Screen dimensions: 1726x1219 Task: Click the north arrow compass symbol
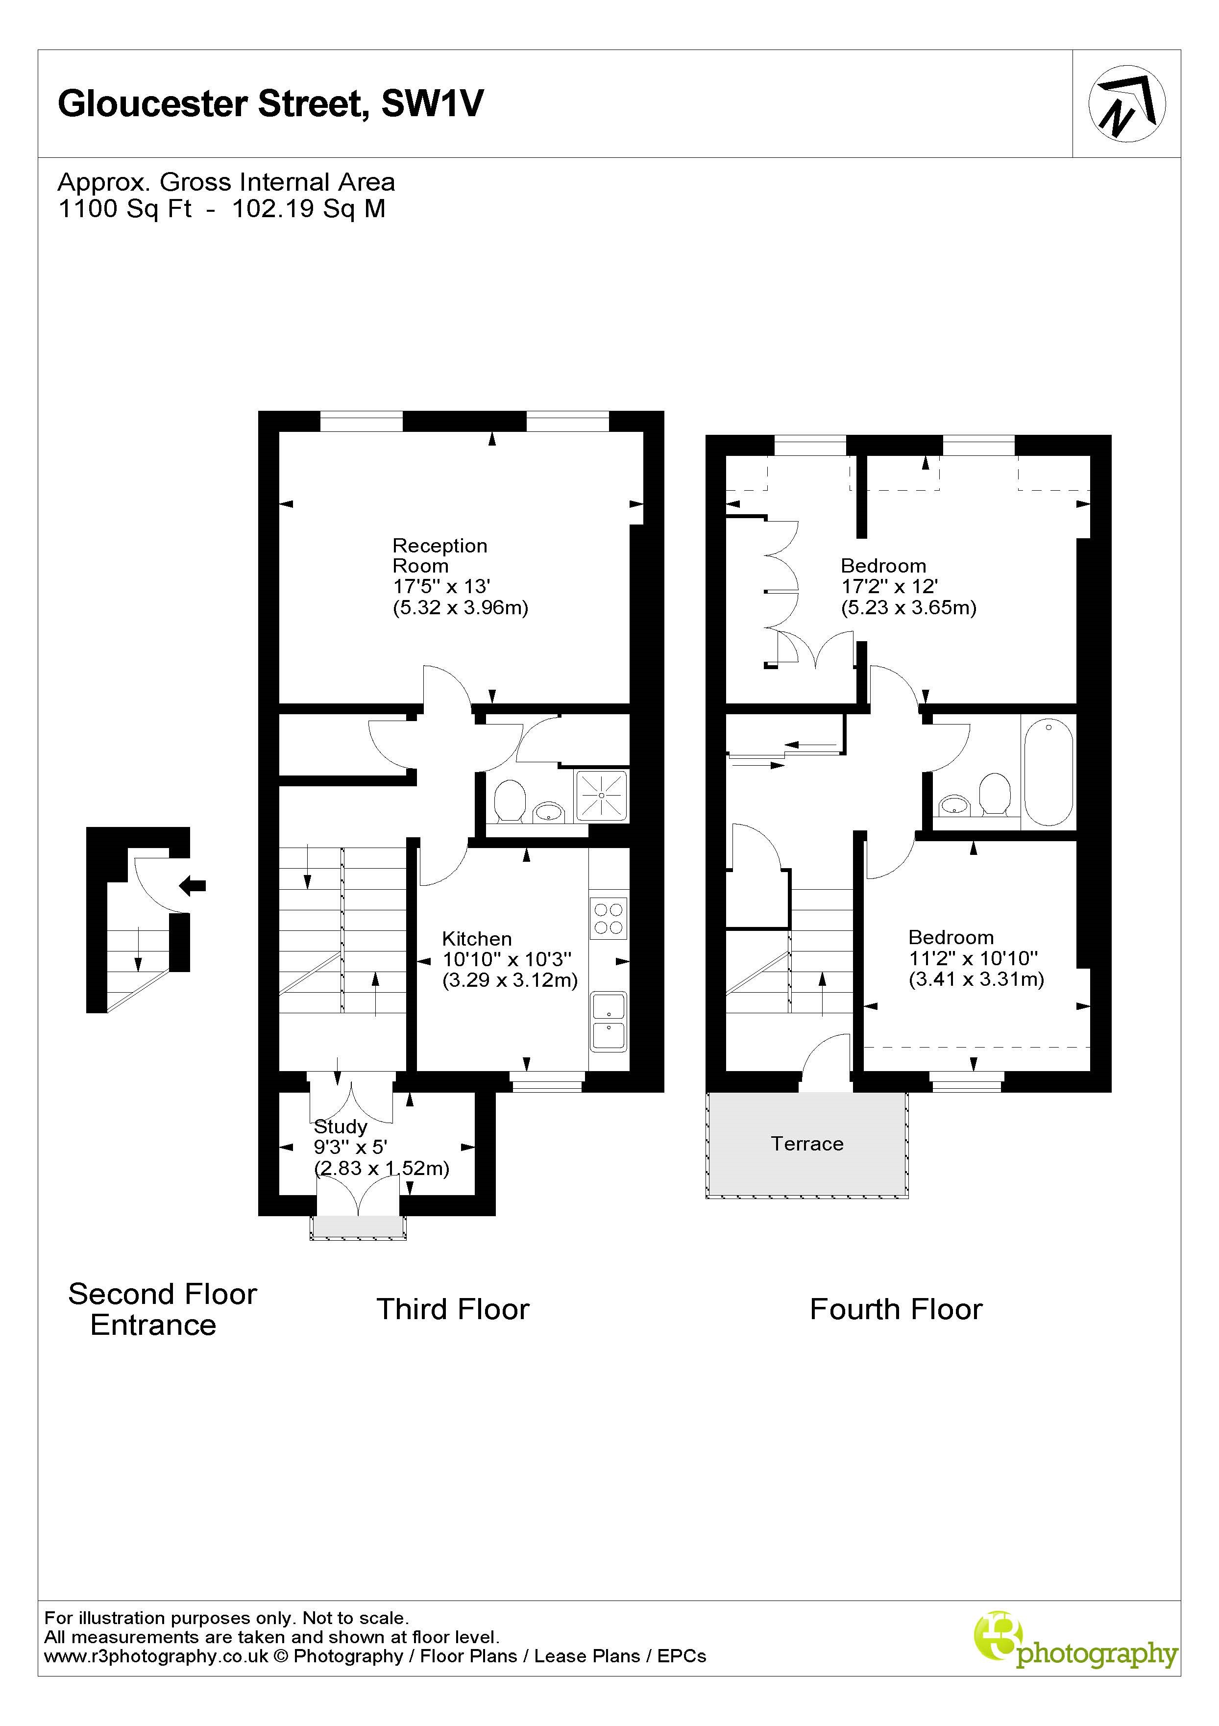pyautogui.click(x=1126, y=104)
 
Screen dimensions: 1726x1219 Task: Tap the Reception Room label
pyautogui.click(x=439, y=555)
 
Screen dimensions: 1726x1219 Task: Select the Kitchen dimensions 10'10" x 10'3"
pyautogui.click(x=507, y=959)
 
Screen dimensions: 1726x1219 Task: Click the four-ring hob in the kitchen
pyautogui.click(x=609, y=918)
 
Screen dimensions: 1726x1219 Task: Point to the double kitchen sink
pyautogui.click(x=609, y=1022)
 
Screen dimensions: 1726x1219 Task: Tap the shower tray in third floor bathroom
pyautogui.click(x=602, y=795)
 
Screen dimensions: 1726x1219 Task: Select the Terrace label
pyautogui.click(x=807, y=1144)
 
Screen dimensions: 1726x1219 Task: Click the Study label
pyautogui.click(x=341, y=1126)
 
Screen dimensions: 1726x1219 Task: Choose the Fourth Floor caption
pyautogui.click(x=895, y=1309)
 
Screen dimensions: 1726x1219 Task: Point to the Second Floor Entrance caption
pyautogui.click(x=162, y=1309)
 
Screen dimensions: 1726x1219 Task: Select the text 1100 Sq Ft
pyautogui.click(x=125, y=208)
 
